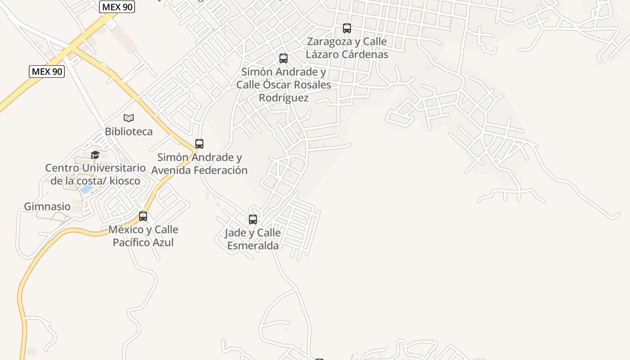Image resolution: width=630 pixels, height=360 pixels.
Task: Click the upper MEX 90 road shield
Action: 117,7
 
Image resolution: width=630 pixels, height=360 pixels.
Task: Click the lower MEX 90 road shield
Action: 47,72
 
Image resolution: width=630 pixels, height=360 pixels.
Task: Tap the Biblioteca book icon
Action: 129,118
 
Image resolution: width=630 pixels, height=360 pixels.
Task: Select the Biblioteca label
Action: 129,131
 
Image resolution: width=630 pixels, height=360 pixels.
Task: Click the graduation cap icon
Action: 95,155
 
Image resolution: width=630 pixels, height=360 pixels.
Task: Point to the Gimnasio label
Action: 47,207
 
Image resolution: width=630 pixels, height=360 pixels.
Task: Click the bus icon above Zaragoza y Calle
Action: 346,28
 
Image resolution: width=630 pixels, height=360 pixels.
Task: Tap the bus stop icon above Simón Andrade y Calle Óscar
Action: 283,58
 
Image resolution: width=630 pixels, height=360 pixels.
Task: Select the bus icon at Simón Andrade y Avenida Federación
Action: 199,144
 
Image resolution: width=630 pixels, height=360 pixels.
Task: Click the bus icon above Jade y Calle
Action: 253,220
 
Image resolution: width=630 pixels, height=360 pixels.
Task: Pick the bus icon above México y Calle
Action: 143,216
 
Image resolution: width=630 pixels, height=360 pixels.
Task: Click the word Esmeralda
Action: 253,246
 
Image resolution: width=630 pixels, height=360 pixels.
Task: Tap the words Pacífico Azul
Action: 143,243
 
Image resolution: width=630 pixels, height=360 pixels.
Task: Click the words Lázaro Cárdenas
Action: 347,54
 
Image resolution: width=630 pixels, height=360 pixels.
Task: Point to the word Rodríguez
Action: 283,98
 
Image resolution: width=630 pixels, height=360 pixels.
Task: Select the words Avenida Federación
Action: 199,170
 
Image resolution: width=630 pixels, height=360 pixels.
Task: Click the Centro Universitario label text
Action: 95,168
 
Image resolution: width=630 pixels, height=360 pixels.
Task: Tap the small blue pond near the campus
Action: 85,189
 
